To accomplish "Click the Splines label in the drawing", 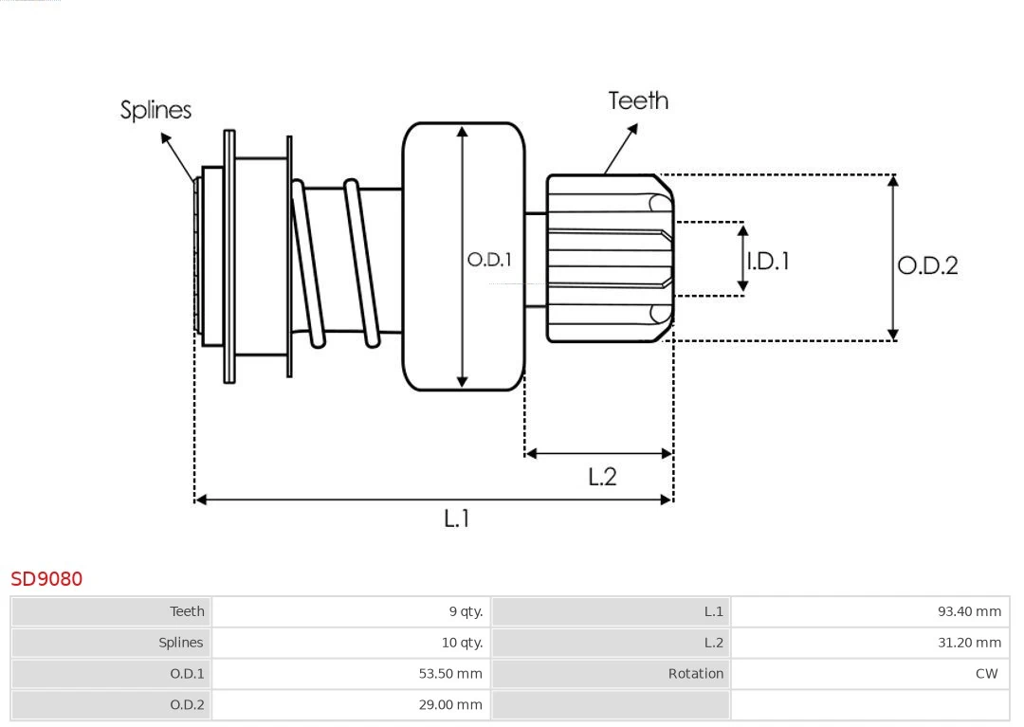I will (x=155, y=110).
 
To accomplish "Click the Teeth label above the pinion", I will (x=638, y=100).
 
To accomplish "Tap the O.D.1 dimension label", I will (x=489, y=259).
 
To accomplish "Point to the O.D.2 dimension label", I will (x=927, y=265).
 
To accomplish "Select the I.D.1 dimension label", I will (x=768, y=261).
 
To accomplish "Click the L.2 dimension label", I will (x=602, y=477).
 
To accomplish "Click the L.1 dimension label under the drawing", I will (x=457, y=518).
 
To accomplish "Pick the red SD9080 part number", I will (x=46, y=578).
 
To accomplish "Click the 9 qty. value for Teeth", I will (x=466, y=611).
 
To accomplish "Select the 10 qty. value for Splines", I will (x=462, y=643).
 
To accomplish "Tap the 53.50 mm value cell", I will (x=450, y=674).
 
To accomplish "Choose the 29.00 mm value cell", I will (x=450, y=704).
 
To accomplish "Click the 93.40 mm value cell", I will (x=969, y=611).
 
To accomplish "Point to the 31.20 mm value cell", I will (x=969, y=643).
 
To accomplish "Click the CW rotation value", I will (x=986, y=674).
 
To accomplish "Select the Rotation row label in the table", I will (x=695, y=674).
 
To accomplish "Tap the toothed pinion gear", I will (x=607, y=258).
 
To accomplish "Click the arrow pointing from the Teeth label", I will (x=620, y=149).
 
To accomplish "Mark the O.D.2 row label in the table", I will (x=187, y=704).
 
